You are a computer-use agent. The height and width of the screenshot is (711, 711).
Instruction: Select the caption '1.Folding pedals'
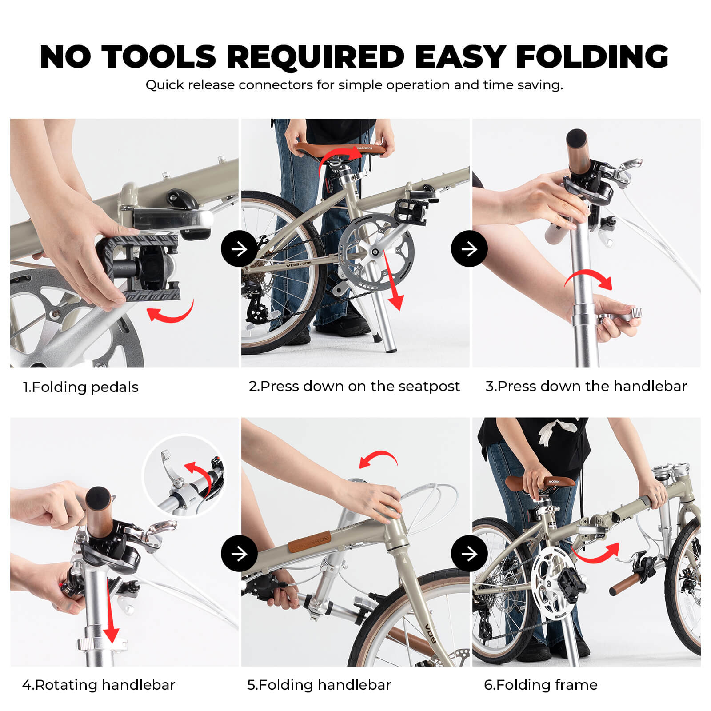(x=81, y=387)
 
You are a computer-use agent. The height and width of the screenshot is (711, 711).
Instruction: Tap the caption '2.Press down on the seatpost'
(x=354, y=386)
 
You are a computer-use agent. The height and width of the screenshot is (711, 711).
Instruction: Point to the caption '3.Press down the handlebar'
(x=586, y=386)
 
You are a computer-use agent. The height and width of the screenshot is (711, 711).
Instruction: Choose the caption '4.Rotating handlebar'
(x=99, y=685)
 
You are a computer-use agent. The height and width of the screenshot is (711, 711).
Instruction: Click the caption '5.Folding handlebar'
(x=319, y=685)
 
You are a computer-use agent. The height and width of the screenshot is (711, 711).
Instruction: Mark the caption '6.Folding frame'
(x=541, y=685)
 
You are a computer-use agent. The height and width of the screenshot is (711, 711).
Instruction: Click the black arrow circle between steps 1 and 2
(x=239, y=249)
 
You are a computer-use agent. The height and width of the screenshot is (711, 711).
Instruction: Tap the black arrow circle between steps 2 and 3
(x=469, y=249)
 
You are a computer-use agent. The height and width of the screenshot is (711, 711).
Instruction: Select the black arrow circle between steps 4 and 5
(x=239, y=554)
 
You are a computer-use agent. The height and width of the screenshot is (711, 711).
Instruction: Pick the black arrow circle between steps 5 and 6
(x=469, y=554)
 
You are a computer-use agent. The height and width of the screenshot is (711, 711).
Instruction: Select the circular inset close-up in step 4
(x=184, y=475)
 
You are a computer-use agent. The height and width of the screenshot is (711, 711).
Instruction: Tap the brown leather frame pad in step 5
(x=309, y=542)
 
